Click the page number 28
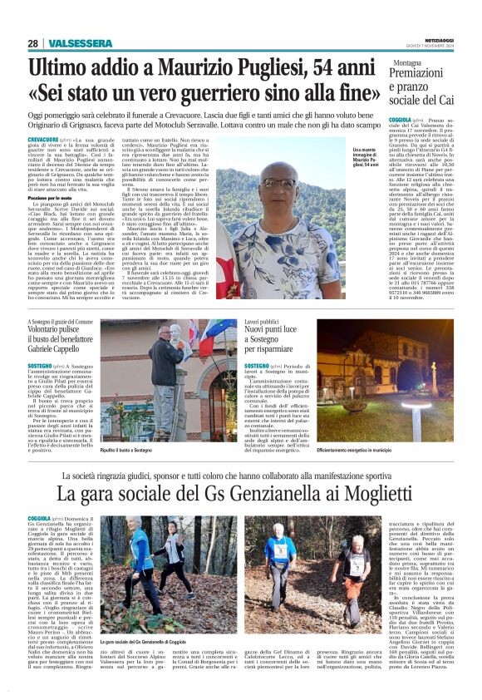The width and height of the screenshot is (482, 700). pyautogui.click(x=33, y=43)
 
